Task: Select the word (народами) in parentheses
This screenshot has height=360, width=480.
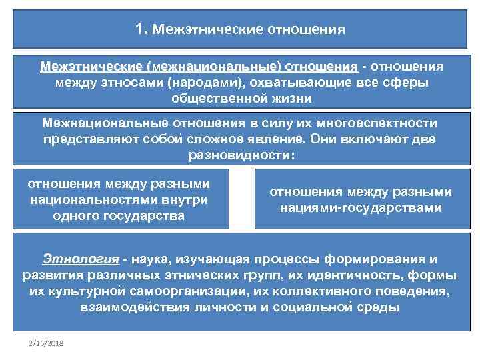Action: click(x=205, y=82)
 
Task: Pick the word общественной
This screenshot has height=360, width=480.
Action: click(x=213, y=97)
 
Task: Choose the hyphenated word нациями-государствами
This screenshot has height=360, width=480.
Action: click(x=361, y=208)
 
